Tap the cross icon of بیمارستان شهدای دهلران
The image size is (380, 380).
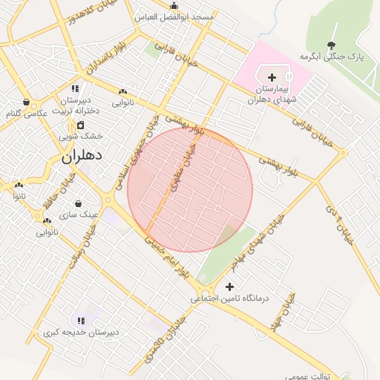[272, 77]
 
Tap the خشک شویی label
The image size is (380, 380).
[81, 136]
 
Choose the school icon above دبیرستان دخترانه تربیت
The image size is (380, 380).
[75, 89]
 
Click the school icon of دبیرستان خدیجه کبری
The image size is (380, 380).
[80, 321]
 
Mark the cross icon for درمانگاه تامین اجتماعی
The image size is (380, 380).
[229, 286]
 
